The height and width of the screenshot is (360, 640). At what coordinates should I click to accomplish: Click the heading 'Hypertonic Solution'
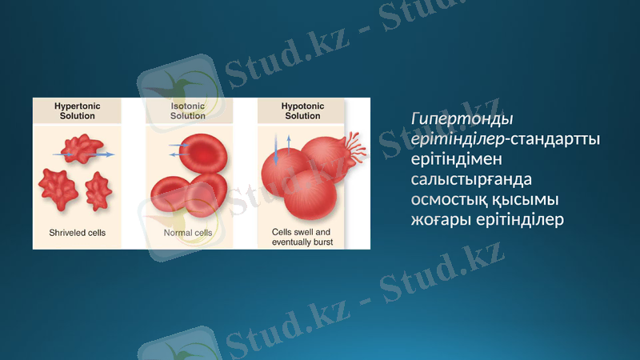point(77,110)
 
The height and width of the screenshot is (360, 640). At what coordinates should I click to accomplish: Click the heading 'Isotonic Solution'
point(187,110)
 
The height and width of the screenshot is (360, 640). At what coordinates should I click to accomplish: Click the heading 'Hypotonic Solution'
point(302,110)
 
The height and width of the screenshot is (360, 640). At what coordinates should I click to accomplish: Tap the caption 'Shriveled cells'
point(77,234)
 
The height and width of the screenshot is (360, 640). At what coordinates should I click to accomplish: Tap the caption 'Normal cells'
point(188,234)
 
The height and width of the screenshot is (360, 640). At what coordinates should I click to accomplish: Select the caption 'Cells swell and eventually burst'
point(302,237)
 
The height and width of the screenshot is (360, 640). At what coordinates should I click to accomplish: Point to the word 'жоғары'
point(438,218)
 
